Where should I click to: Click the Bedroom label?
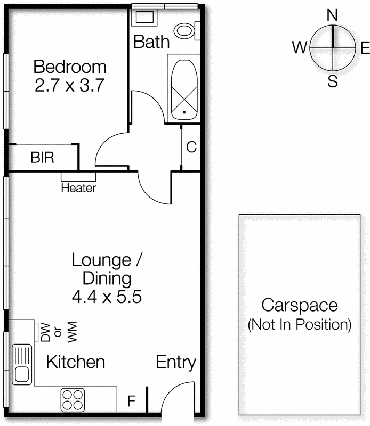point(69,67)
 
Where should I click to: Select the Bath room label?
point(151,42)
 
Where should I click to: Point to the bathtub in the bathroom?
point(183,88)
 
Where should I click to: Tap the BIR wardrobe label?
point(42,158)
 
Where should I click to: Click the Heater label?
point(78,188)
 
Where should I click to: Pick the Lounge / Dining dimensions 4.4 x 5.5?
point(107,297)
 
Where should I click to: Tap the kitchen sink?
point(22,365)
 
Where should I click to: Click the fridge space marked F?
point(131,401)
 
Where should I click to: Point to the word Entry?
point(175,363)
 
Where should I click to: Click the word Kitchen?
point(75,363)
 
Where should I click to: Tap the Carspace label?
point(299,306)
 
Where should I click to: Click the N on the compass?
point(332,15)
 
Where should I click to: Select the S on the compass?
point(333,82)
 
